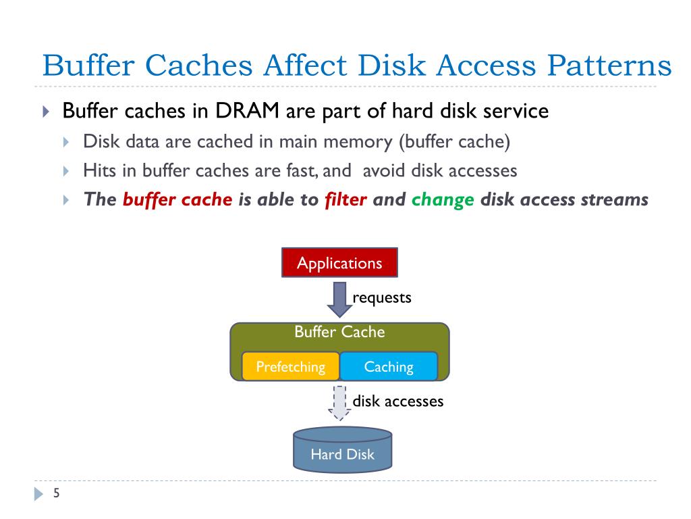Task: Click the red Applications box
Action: tap(339, 263)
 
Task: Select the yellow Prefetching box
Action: tap(290, 367)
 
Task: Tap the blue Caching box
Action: tap(388, 367)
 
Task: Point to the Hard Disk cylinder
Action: tap(342, 451)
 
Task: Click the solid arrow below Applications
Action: tap(339, 299)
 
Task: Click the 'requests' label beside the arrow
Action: tap(382, 297)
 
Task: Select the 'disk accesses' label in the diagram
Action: tap(398, 401)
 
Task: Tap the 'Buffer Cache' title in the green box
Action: tap(339, 332)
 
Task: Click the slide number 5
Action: tap(57, 493)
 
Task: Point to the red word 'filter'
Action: tap(345, 200)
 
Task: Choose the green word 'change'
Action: tap(443, 200)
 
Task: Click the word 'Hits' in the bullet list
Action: tap(98, 170)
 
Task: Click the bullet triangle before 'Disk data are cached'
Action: tap(66, 142)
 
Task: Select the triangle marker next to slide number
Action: tap(38, 494)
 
